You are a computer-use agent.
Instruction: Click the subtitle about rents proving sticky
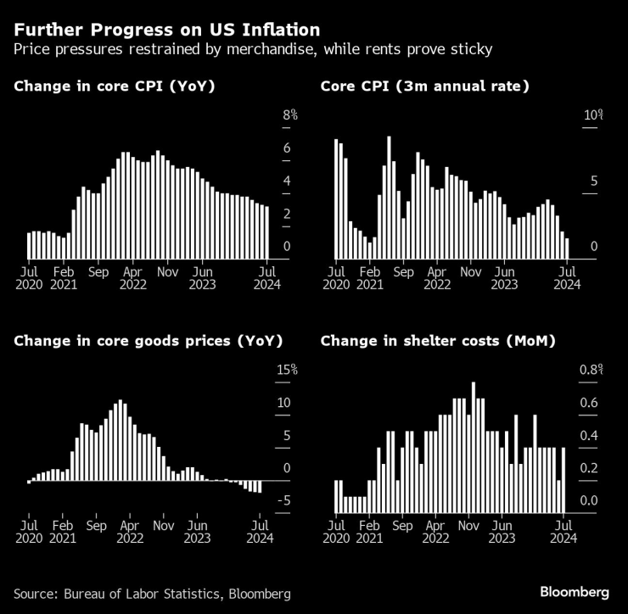click(253, 49)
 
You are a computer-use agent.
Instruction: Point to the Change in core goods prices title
click(148, 341)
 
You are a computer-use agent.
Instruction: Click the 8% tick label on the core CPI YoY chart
click(290, 114)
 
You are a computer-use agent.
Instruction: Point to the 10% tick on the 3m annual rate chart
click(592, 114)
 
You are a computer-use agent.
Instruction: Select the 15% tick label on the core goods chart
click(288, 370)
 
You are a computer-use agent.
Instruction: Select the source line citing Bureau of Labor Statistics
click(152, 593)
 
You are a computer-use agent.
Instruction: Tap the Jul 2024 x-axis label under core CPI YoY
click(267, 279)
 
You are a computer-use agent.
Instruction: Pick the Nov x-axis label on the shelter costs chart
click(469, 527)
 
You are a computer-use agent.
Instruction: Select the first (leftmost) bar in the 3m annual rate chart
click(336, 199)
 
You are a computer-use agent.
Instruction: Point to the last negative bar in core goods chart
click(259, 487)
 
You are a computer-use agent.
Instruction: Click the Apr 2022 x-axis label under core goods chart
click(130, 533)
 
